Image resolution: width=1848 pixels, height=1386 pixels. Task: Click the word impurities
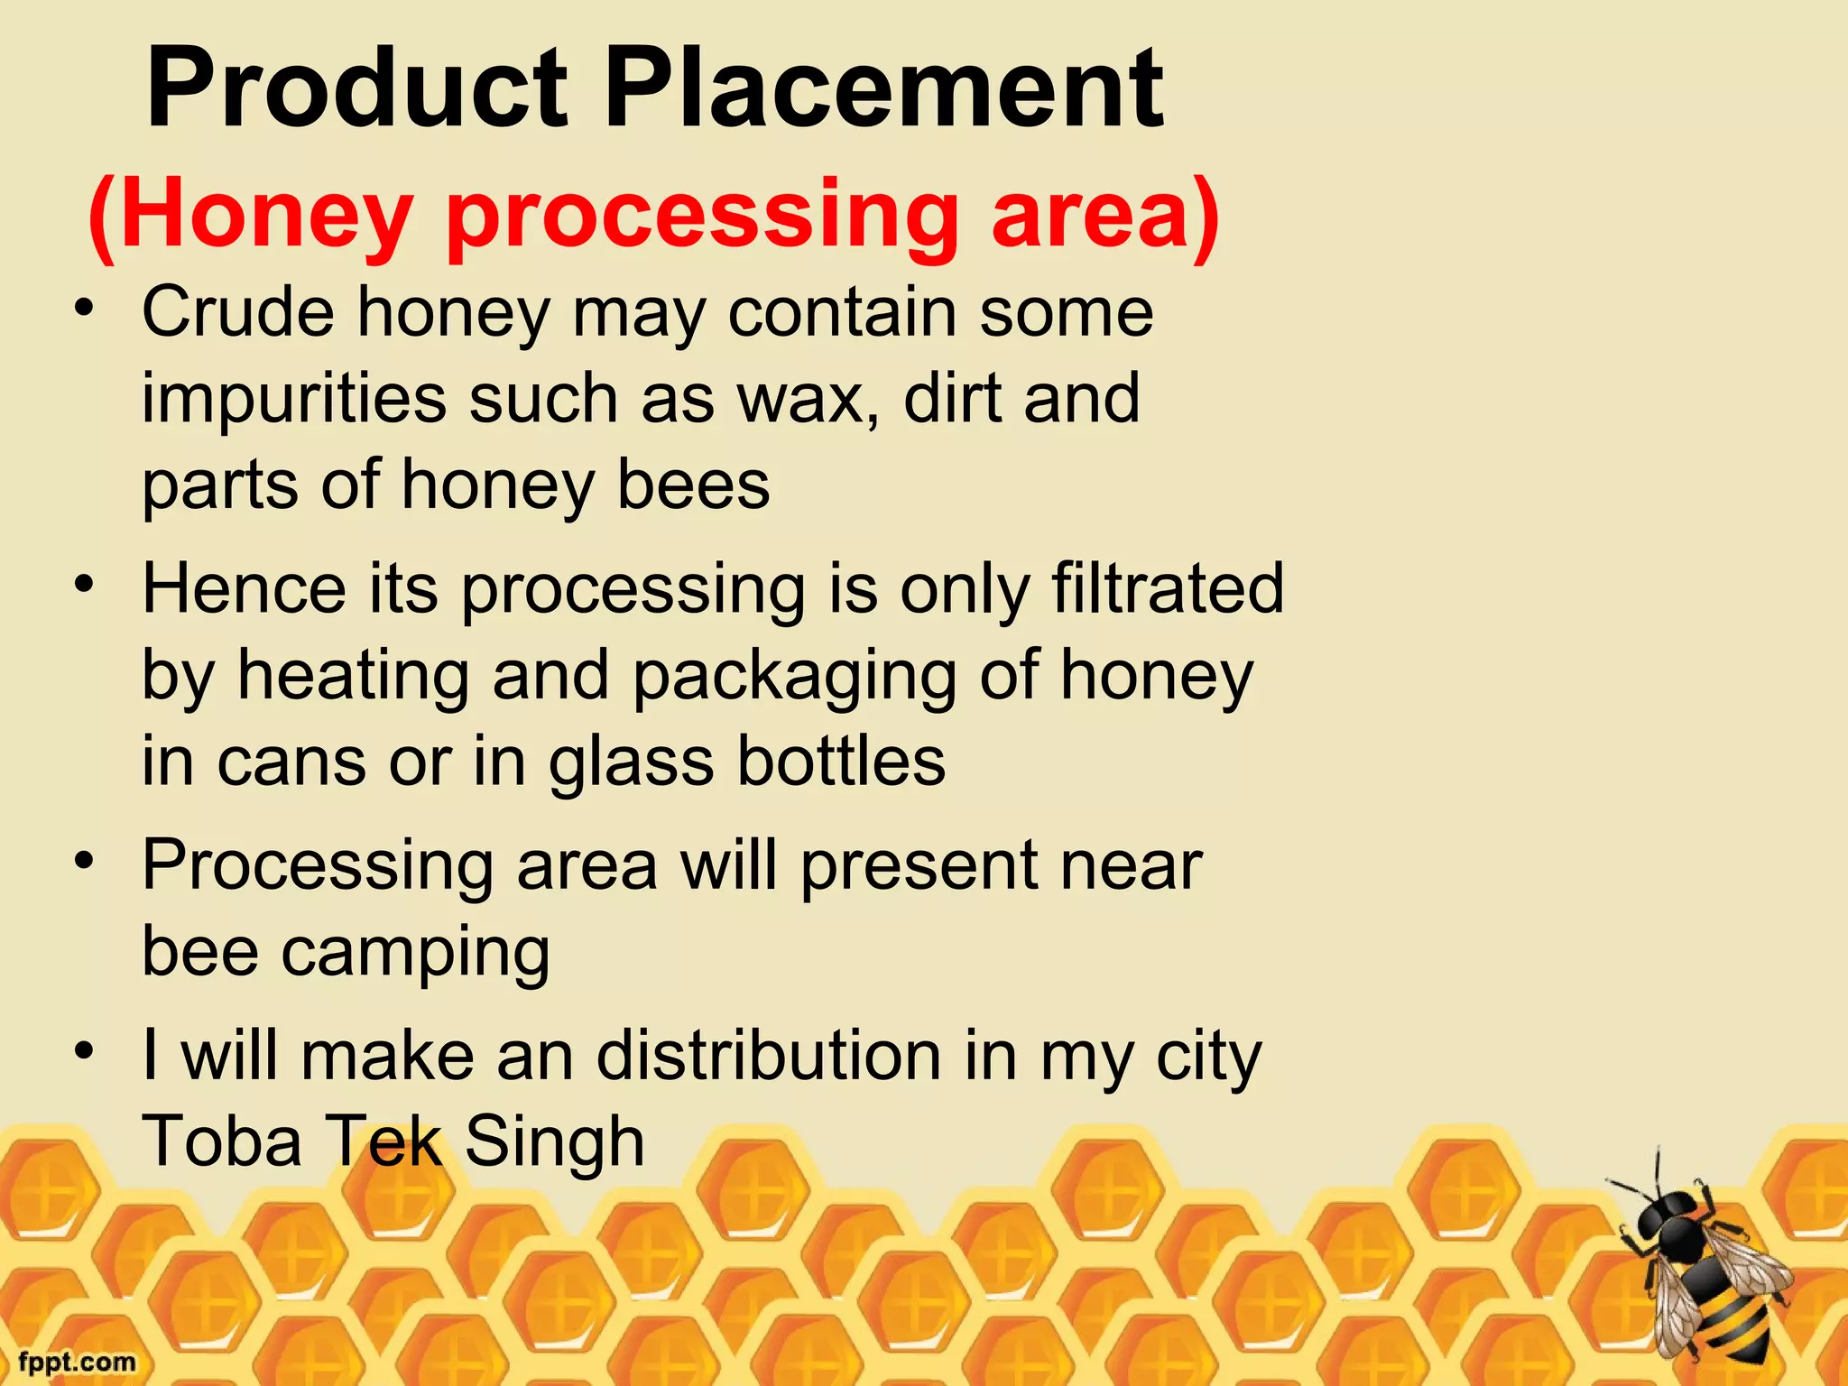click(x=294, y=399)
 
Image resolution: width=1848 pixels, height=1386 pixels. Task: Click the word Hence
click(x=244, y=589)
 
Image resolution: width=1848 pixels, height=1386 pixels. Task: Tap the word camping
click(x=415, y=955)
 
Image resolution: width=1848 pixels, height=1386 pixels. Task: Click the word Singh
click(x=554, y=1142)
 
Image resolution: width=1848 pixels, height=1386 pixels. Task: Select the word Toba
click(x=222, y=1142)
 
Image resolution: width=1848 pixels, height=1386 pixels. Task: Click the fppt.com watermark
click(x=77, y=1362)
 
